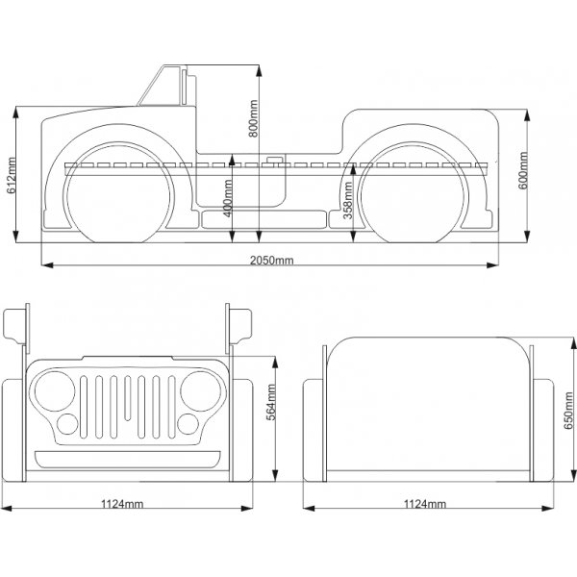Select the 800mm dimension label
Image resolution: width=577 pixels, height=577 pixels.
click(254, 119)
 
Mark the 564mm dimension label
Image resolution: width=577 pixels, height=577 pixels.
click(271, 410)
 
